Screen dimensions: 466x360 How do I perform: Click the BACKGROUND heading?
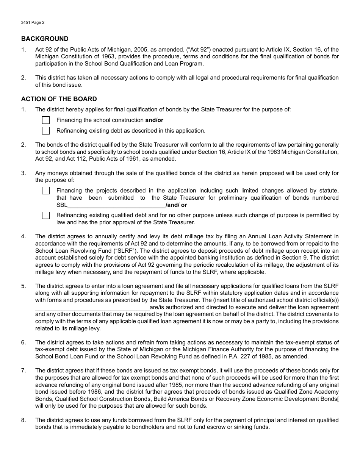click(x=45, y=39)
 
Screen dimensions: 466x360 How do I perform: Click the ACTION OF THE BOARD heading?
click(x=59, y=99)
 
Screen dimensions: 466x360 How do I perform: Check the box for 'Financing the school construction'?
click(x=46, y=120)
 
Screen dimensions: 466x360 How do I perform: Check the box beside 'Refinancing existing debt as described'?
click(x=46, y=131)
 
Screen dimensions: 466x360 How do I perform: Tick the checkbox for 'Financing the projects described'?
click(x=46, y=191)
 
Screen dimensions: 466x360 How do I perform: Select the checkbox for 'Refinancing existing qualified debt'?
click(x=46, y=215)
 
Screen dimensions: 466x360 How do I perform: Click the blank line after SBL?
click(x=116, y=205)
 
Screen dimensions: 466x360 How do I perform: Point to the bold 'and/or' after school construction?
click(x=154, y=120)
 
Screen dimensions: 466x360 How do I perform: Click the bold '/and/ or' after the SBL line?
click(x=176, y=205)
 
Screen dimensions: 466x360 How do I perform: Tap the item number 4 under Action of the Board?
click(x=23, y=236)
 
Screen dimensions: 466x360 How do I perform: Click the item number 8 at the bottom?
click(x=23, y=420)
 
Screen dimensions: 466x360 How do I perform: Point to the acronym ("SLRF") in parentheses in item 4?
click(x=104, y=250)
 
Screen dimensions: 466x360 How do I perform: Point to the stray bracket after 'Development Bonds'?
click(x=338, y=399)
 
